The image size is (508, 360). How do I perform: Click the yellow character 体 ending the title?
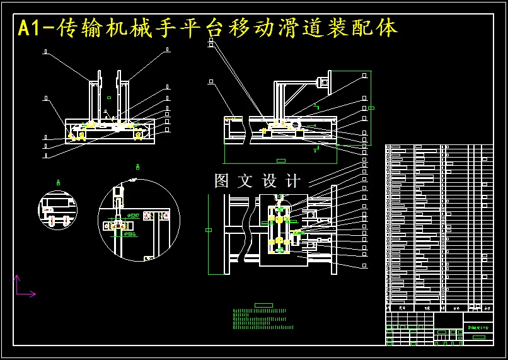click(387, 28)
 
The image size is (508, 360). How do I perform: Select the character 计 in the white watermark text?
click(293, 181)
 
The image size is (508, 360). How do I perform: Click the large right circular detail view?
click(139, 219)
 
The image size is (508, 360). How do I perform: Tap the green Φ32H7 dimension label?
click(134, 216)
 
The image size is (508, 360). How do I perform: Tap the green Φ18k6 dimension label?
click(130, 234)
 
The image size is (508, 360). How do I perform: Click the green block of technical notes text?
click(263, 319)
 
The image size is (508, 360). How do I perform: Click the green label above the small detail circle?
click(58, 182)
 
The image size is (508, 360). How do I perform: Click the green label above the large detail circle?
click(137, 167)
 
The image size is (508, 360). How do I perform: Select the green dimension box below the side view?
click(281, 161)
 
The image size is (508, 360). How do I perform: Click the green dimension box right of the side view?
click(371, 108)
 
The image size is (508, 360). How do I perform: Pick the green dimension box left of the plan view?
click(209, 230)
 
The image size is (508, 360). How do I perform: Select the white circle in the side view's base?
click(295, 125)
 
